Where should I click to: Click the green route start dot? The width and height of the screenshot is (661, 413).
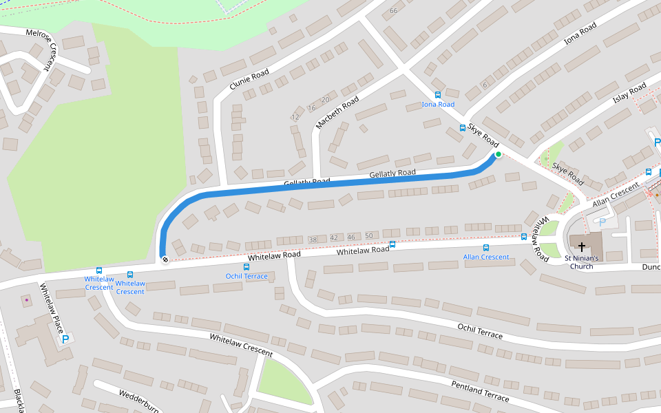pos(498,154)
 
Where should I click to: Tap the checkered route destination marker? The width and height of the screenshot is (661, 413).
pos(165,260)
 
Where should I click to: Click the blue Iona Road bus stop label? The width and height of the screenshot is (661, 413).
pos(438,105)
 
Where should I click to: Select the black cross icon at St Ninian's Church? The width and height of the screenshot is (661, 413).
pos(582,246)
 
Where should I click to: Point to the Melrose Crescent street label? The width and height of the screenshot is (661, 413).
pos(39,50)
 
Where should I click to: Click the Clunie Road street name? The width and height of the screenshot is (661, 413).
pos(249,83)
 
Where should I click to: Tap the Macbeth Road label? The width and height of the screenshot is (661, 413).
pos(337,113)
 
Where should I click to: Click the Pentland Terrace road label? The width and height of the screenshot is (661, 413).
pos(480,391)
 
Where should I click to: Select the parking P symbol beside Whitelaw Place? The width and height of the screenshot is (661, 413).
pos(65,339)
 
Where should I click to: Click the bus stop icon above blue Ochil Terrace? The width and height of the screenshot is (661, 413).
pos(246,266)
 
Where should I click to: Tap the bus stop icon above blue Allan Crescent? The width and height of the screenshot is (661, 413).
pos(486,247)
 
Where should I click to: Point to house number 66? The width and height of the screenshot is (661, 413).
pos(394,10)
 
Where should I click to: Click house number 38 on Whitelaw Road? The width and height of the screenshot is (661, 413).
pos(313,240)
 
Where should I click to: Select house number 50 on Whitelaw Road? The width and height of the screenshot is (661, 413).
pos(368,236)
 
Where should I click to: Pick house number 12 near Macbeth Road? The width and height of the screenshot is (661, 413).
pos(295,117)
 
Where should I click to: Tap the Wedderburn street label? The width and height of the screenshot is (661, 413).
pos(139,400)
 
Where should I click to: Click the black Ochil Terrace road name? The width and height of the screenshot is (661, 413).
pos(480,330)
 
